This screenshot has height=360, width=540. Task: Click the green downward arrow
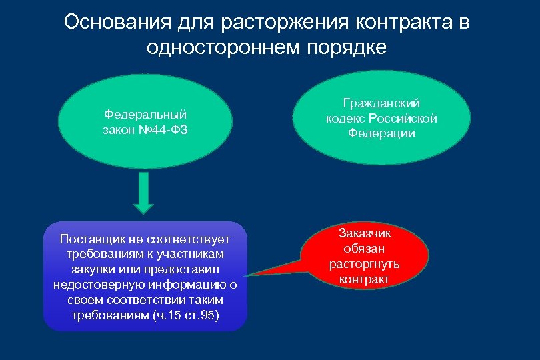(x=145, y=193)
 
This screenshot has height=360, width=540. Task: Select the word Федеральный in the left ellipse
(x=145, y=114)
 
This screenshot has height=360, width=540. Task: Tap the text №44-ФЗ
(x=164, y=129)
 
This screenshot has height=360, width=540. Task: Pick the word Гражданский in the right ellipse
(x=381, y=103)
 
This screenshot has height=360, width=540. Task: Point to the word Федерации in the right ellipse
(x=381, y=133)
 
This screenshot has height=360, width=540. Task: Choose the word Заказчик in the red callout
(x=365, y=233)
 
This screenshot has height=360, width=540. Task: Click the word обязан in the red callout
(x=365, y=248)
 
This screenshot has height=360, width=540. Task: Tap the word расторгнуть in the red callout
(x=365, y=263)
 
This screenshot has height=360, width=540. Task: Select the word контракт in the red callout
(x=365, y=279)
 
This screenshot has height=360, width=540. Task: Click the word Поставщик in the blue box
(x=89, y=239)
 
